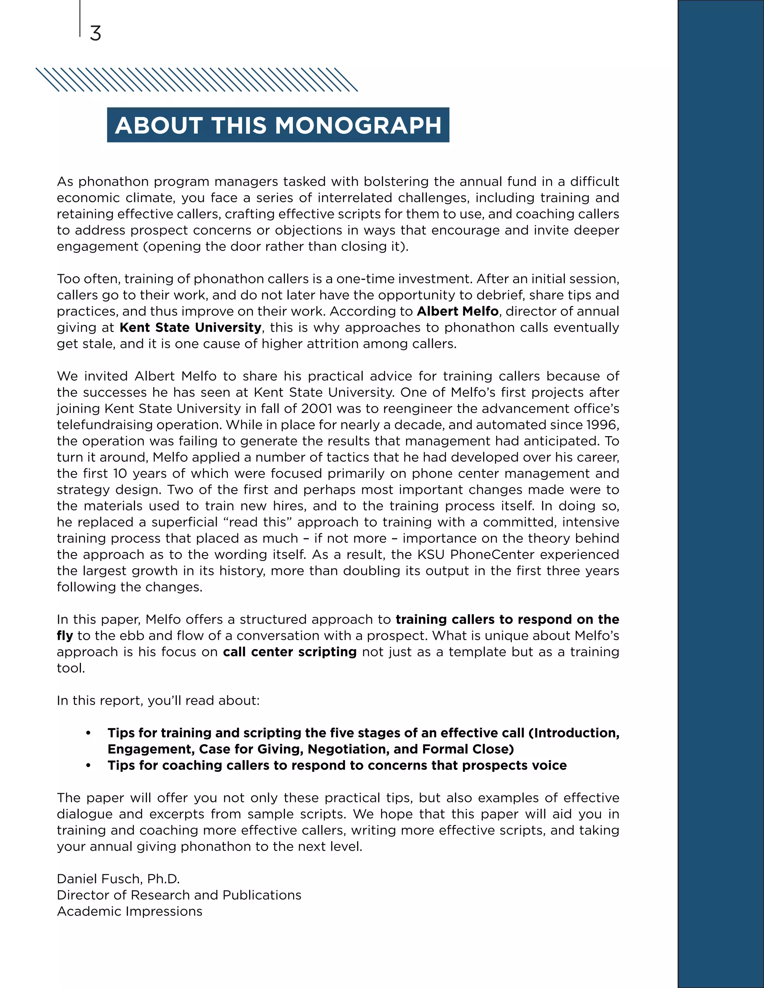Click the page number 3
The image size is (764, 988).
click(x=95, y=34)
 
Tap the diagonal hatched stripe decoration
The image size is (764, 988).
click(x=197, y=80)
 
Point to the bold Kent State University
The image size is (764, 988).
click(x=191, y=327)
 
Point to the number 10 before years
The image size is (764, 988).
click(x=120, y=473)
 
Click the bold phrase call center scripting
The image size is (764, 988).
click(x=289, y=652)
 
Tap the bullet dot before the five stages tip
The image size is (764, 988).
click(x=88, y=733)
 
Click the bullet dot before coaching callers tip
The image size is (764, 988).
click(x=88, y=765)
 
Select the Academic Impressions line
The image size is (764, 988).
click(x=129, y=911)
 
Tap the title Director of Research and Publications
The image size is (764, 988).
click(x=179, y=895)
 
